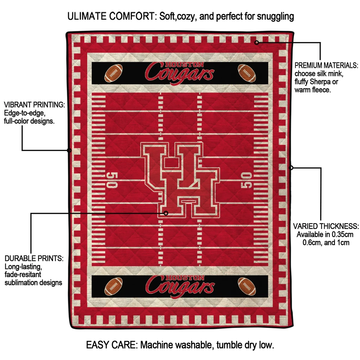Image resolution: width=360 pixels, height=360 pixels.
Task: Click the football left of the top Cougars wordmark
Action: click(x=114, y=73)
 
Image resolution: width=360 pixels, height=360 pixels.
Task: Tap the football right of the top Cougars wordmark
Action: click(x=247, y=73)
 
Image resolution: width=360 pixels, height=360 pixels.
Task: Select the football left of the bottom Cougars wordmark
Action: click(x=114, y=286)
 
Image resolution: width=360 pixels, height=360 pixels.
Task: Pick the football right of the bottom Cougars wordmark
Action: click(x=247, y=286)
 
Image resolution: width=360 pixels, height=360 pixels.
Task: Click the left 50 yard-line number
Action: click(x=112, y=180)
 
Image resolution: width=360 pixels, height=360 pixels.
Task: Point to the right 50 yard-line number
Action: click(x=246, y=180)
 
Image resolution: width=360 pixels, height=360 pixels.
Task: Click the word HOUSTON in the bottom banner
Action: click(x=185, y=278)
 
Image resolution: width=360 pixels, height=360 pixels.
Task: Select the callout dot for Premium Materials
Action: click(x=257, y=43)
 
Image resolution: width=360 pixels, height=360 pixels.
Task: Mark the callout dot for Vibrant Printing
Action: click(x=69, y=150)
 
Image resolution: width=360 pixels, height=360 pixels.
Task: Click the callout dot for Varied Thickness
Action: click(x=291, y=168)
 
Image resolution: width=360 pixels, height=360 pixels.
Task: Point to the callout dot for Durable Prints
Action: click(x=166, y=213)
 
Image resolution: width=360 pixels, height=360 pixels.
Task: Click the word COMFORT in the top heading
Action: click(x=133, y=16)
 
